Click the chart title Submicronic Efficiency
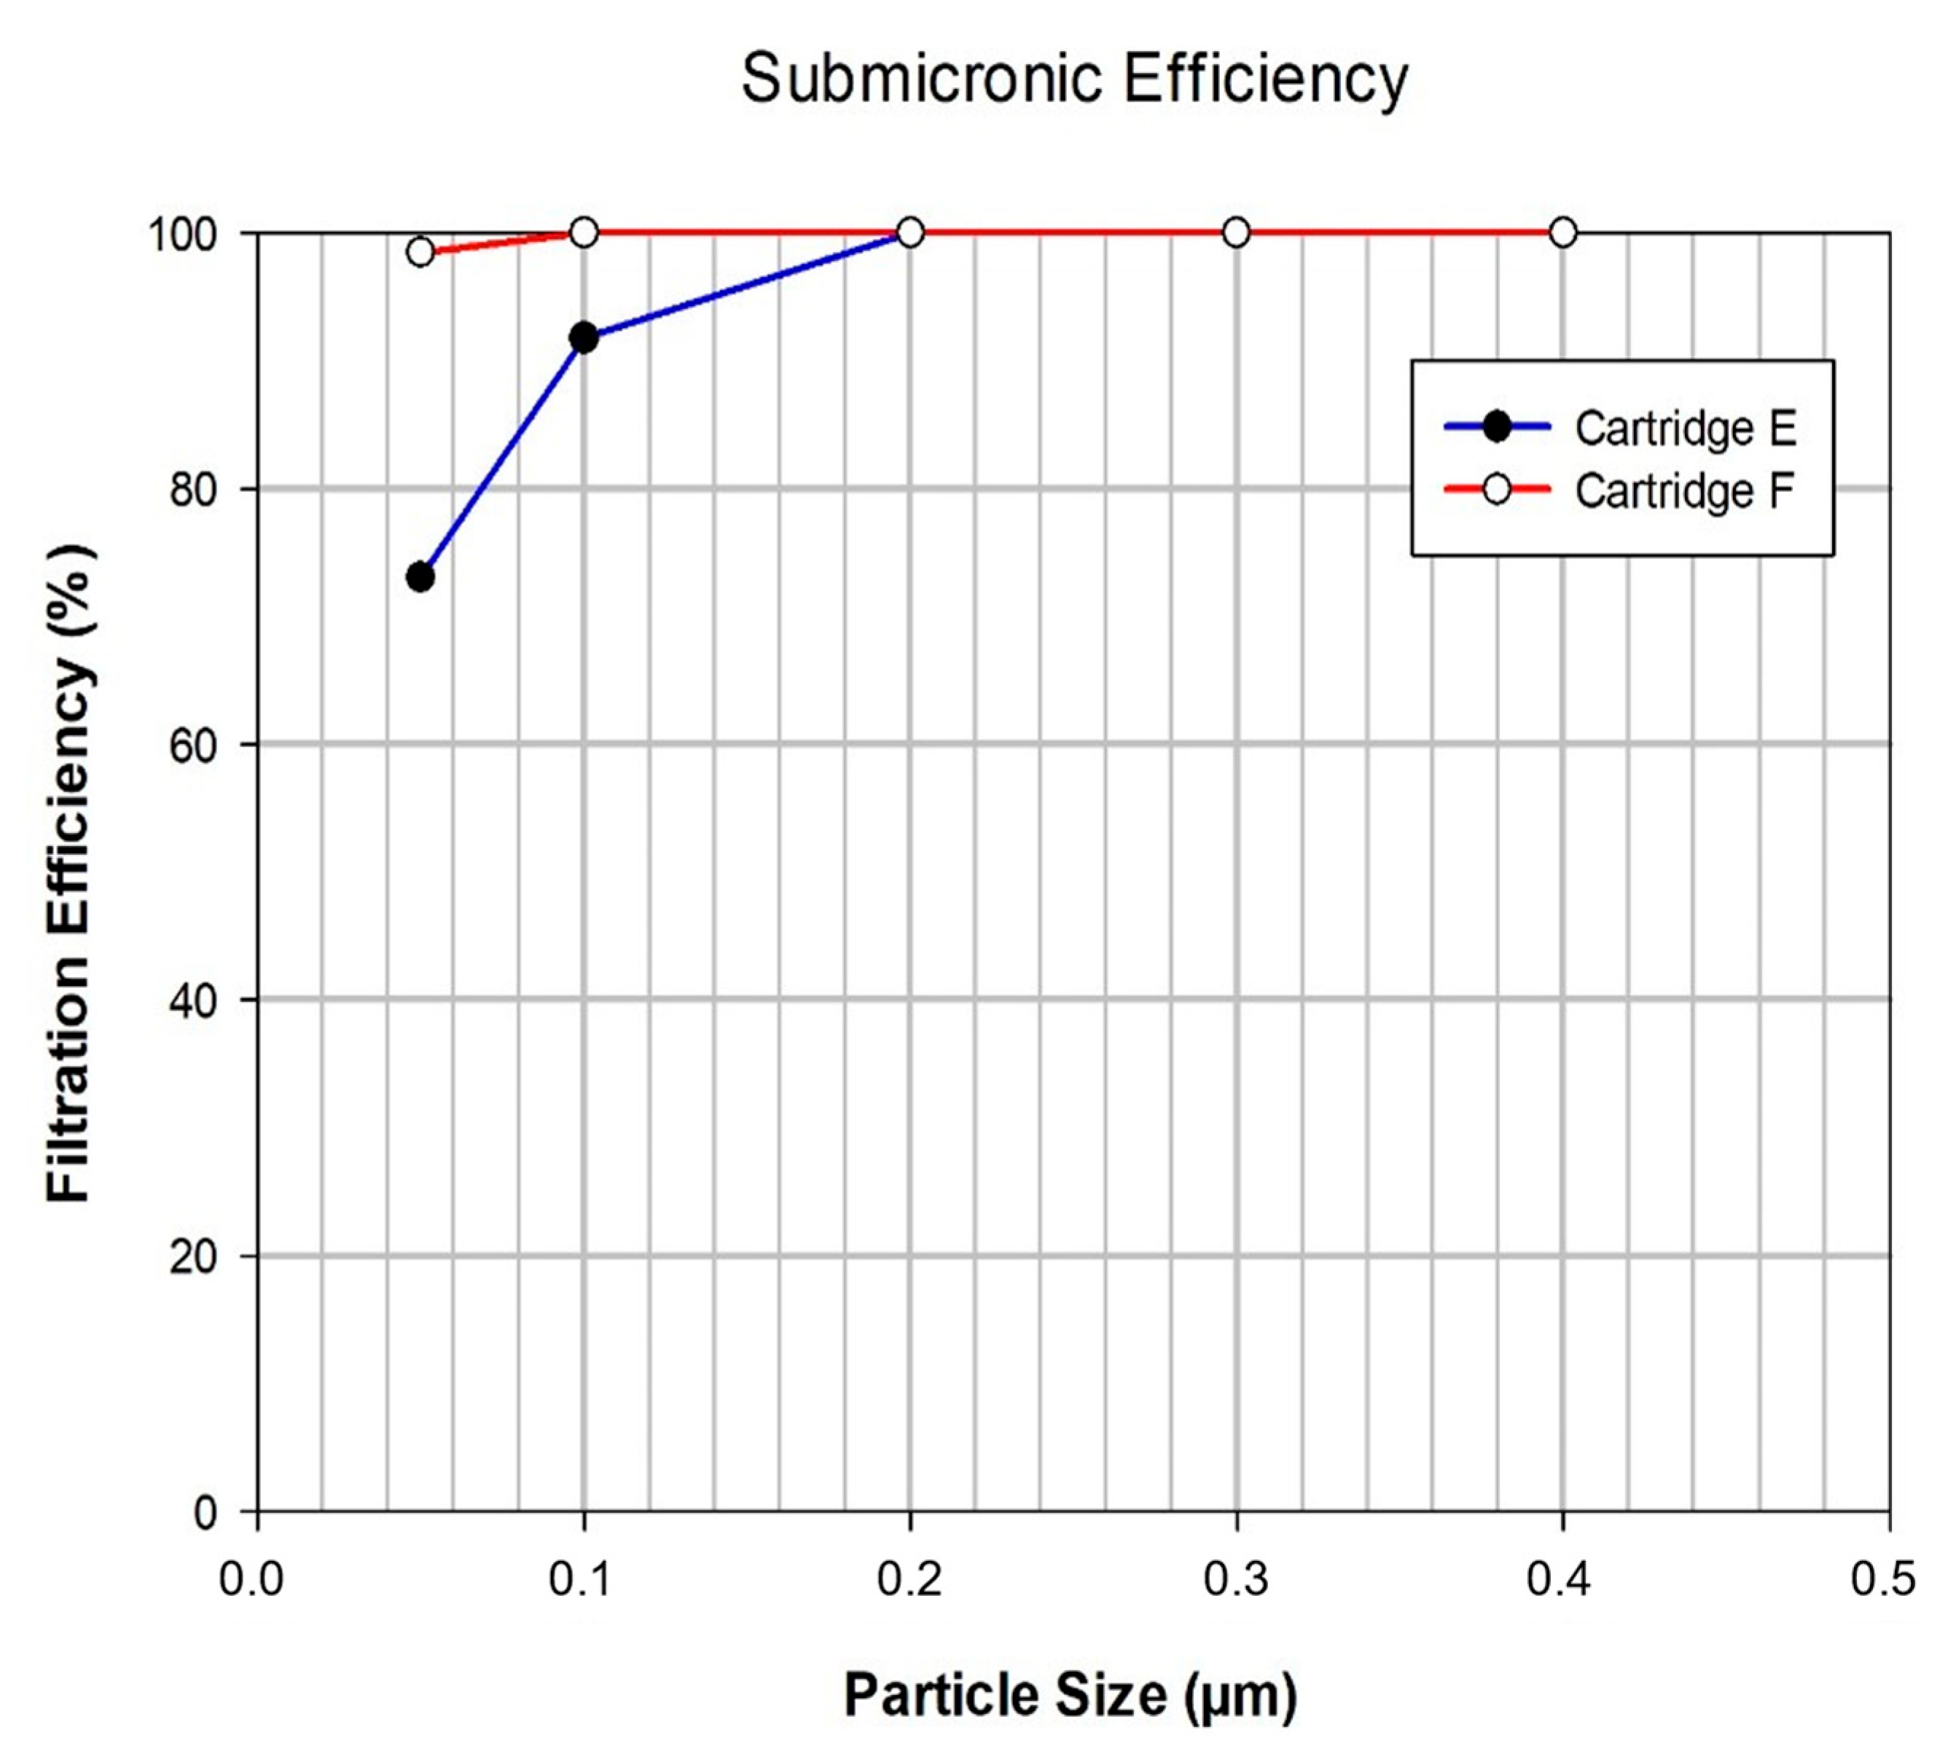(1073, 79)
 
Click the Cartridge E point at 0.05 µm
(420, 578)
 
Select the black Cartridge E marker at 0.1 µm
(584, 338)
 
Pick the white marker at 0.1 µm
(584, 232)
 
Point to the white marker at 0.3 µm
(1236, 232)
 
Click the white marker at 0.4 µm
(1563, 232)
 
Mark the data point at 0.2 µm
(910, 232)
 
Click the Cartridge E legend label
(1685, 429)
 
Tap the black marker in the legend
(1497, 426)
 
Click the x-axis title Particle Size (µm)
(1071, 1694)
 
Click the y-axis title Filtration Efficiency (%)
(69, 872)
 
